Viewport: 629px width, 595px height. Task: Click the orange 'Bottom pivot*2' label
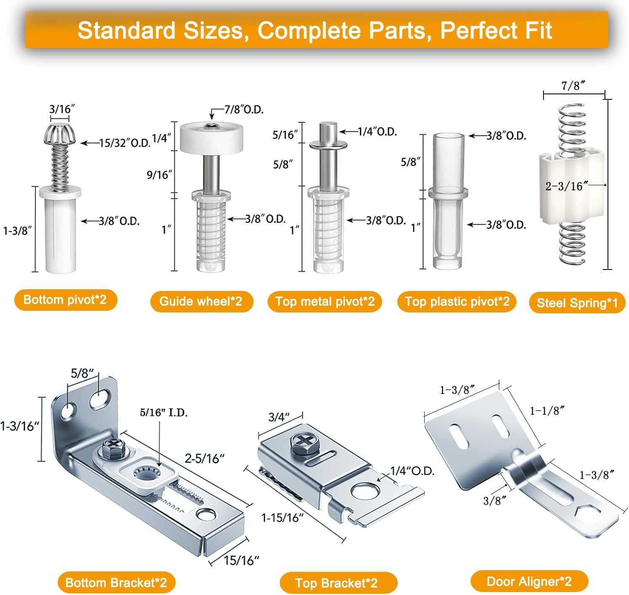(x=65, y=300)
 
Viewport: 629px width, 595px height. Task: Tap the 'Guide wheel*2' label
(x=201, y=302)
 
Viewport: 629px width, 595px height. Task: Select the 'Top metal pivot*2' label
(x=324, y=302)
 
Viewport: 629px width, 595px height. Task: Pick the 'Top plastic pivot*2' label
(x=457, y=302)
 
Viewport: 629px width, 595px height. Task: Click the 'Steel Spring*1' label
(x=577, y=303)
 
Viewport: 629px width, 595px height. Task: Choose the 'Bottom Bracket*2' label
(x=116, y=583)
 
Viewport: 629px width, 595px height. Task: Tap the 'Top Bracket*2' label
(x=336, y=583)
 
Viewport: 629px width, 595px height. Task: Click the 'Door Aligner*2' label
(x=529, y=582)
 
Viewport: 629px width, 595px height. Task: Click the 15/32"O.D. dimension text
(x=125, y=143)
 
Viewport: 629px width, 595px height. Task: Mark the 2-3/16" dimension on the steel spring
(x=564, y=186)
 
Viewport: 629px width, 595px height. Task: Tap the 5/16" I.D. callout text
(x=163, y=412)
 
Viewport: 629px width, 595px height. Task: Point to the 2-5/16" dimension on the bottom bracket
(x=204, y=458)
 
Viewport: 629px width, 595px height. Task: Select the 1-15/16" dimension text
(x=282, y=518)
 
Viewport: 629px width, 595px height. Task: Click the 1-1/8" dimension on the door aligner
(x=546, y=410)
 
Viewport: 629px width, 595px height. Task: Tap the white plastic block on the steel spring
(x=571, y=202)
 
